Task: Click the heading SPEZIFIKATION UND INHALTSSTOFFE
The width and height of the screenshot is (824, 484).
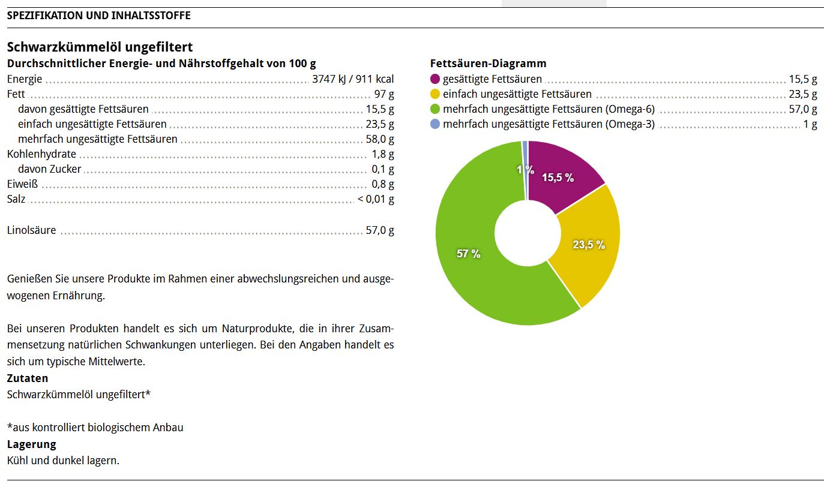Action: [x=98, y=16]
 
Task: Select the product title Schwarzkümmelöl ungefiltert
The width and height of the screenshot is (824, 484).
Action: [x=100, y=47]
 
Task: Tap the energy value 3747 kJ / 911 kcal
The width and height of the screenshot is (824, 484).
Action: [x=353, y=79]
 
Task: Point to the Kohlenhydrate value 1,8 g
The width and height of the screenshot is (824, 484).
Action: [x=383, y=154]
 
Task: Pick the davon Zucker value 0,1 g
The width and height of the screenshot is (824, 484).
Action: [x=383, y=169]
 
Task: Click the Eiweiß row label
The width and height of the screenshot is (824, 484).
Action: [x=22, y=184]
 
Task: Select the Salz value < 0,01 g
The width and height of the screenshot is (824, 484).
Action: [x=376, y=199]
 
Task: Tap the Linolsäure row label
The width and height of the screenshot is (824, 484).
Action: [x=31, y=230]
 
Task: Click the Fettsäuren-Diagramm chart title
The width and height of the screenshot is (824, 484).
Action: [x=488, y=64]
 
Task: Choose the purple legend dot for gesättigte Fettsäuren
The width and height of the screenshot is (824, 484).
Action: [x=436, y=79]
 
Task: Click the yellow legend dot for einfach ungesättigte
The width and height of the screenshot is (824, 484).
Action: [x=436, y=94]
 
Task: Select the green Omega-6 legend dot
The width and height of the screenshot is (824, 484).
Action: [x=436, y=109]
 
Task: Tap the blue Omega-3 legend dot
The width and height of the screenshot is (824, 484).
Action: [x=436, y=124]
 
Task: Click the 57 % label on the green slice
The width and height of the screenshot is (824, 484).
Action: [x=469, y=254]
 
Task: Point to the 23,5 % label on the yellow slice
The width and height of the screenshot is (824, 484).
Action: [x=588, y=245]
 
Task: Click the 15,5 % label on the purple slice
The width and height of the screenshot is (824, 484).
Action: [x=558, y=178]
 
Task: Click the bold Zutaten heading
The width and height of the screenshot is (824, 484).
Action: [x=28, y=378]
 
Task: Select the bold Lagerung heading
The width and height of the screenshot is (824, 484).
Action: [x=31, y=444]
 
